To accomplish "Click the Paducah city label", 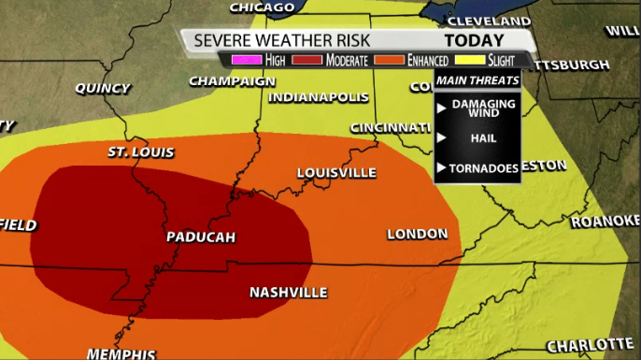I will pos(200,237).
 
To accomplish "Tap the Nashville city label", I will pos(289,293).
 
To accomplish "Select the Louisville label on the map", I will pos(336,173).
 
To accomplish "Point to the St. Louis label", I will pos(141,152).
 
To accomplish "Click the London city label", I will pos(417,234).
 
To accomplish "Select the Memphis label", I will pos(121,353).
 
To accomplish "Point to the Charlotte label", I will pos(590,344).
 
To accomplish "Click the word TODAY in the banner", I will pos(474,40).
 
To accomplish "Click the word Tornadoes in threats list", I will pos(485,168).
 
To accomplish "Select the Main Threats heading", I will pos(477,80).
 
